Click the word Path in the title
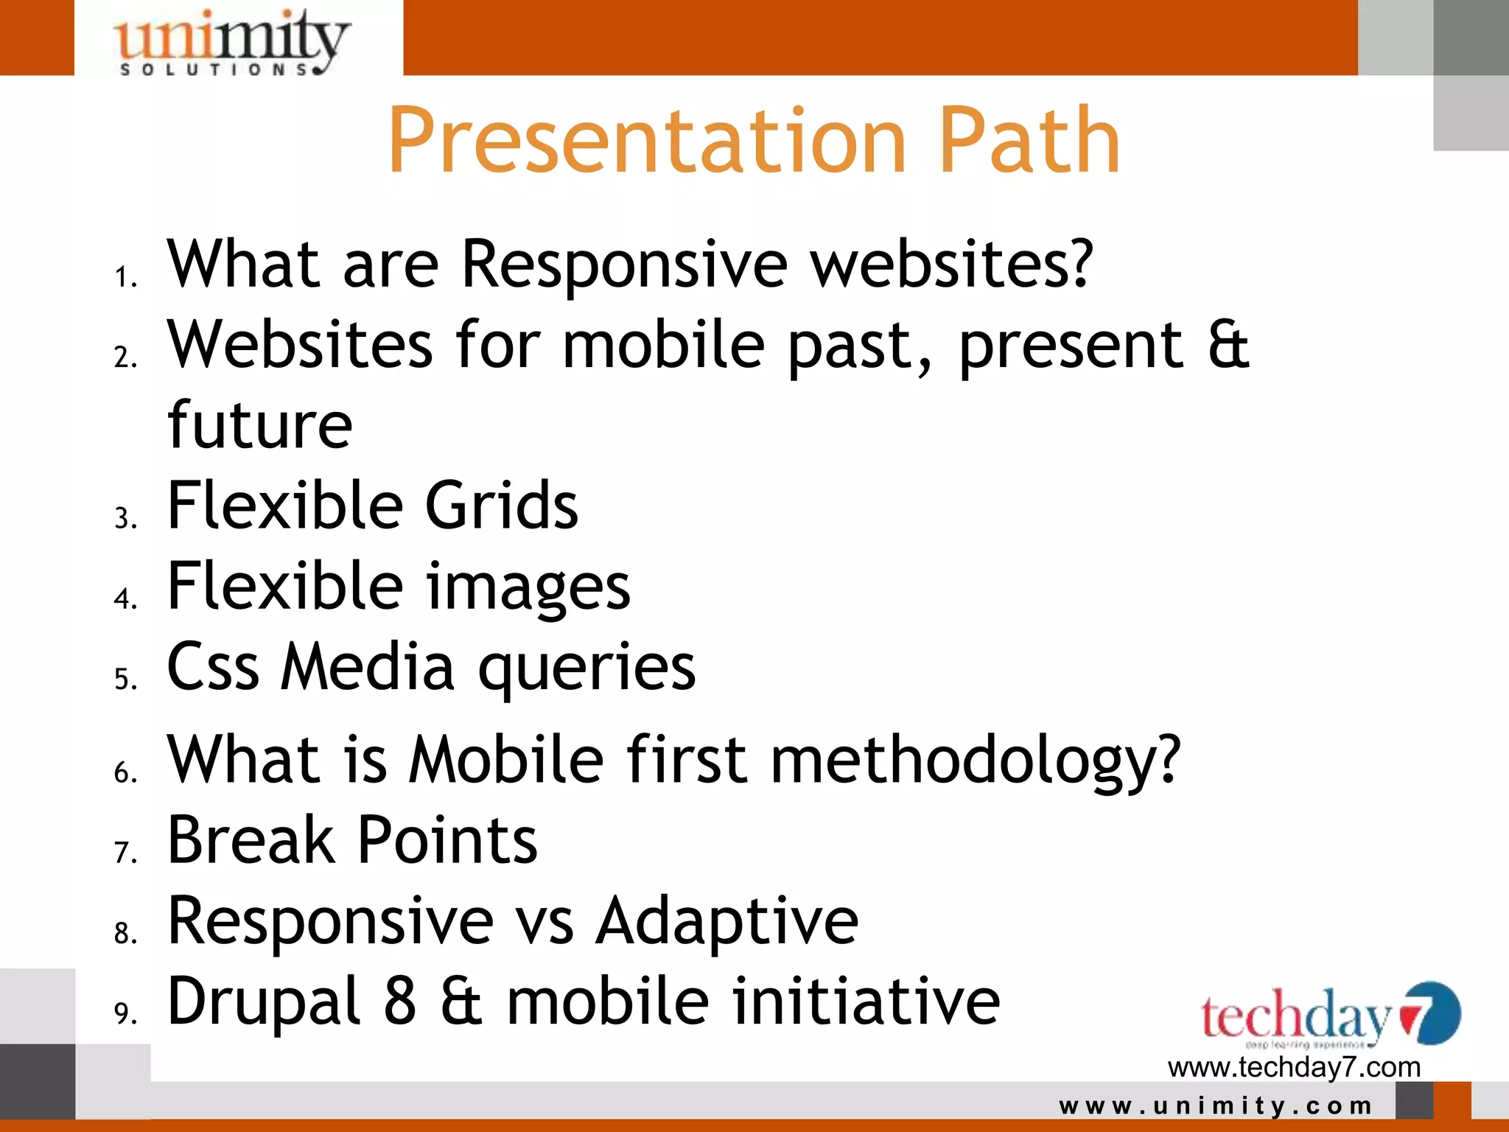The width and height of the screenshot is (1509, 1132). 1029,141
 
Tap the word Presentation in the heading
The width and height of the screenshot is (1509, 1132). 646,141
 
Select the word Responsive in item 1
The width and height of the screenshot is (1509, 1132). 624,265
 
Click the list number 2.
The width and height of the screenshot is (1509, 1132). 125,357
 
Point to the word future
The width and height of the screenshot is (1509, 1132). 259,425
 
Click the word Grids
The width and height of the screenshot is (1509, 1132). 502,506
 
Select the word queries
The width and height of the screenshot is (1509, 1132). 587,668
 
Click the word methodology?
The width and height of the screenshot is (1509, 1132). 975,761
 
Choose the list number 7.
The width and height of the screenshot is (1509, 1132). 125,853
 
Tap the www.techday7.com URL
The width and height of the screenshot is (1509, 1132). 1294,1067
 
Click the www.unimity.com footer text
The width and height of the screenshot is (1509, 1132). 1216,1105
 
